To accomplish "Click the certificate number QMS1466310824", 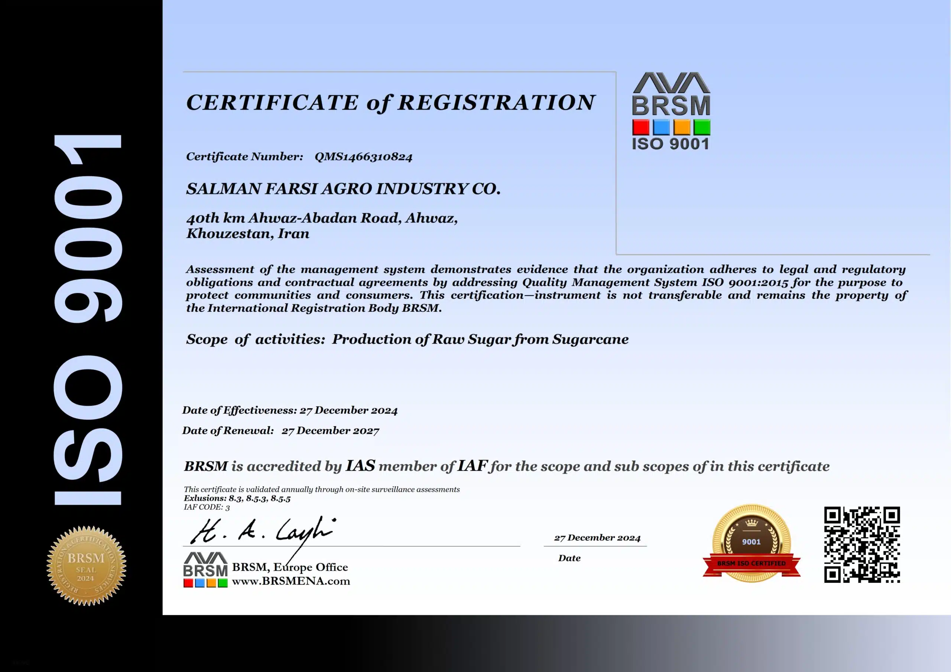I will (x=363, y=157).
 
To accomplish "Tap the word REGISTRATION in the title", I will (x=496, y=102).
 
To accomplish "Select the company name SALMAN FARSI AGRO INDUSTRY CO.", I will (x=343, y=189).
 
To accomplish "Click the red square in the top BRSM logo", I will (x=640, y=127).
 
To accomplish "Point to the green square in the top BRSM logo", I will (x=702, y=127).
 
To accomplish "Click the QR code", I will (x=861, y=544).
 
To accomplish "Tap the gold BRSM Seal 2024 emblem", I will (x=86, y=566).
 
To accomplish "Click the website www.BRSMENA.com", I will (x=291, y=581).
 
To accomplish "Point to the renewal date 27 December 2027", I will (x=330, y=431).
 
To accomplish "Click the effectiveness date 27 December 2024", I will (x=348, y=410).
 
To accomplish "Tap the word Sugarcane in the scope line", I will (x=590, y=339).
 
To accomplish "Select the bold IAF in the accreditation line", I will (x=472, y=466).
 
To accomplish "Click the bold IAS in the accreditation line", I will (x=360, y=466).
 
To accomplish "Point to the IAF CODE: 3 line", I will (x=207, y=507).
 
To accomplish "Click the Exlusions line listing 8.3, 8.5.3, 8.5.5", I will (x=237, y=499).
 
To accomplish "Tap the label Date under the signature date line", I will (x=569, y=558).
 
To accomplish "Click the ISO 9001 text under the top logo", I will (x=670, y=144).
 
